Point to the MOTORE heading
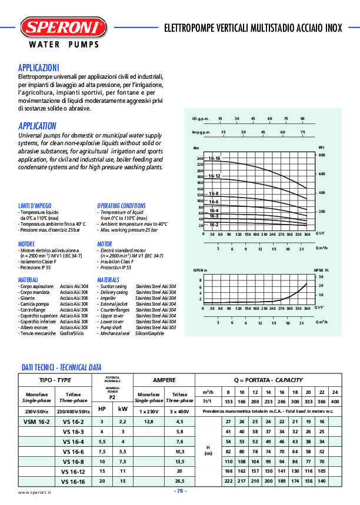[x=26, y=243]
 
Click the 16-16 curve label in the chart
[x=214, y=159]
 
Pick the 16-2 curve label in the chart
[x=214, y=225]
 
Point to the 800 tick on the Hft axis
[x=322, y=155]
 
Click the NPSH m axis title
[x=201, y=270]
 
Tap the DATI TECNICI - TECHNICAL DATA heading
[x=62, y=367]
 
